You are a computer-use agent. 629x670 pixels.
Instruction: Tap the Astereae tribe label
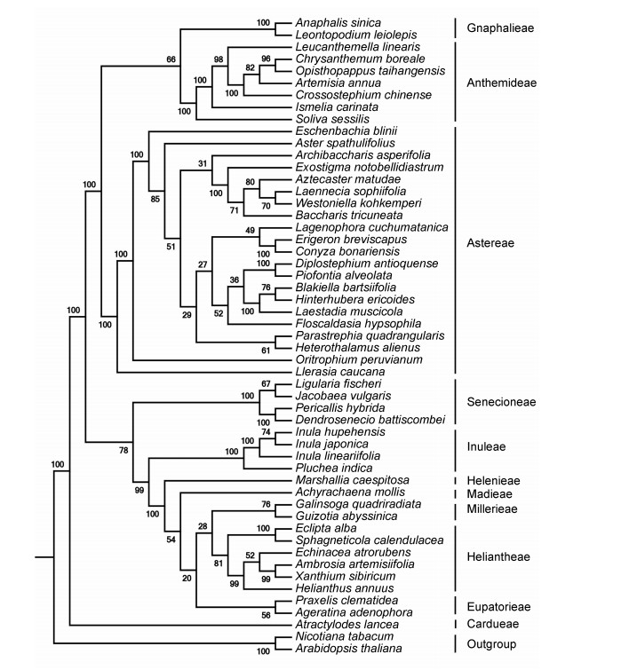click(x=491, y=240)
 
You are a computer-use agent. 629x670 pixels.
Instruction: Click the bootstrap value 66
click(x=171, y=59)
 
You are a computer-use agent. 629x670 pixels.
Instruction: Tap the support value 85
click(x=156, y=198)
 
